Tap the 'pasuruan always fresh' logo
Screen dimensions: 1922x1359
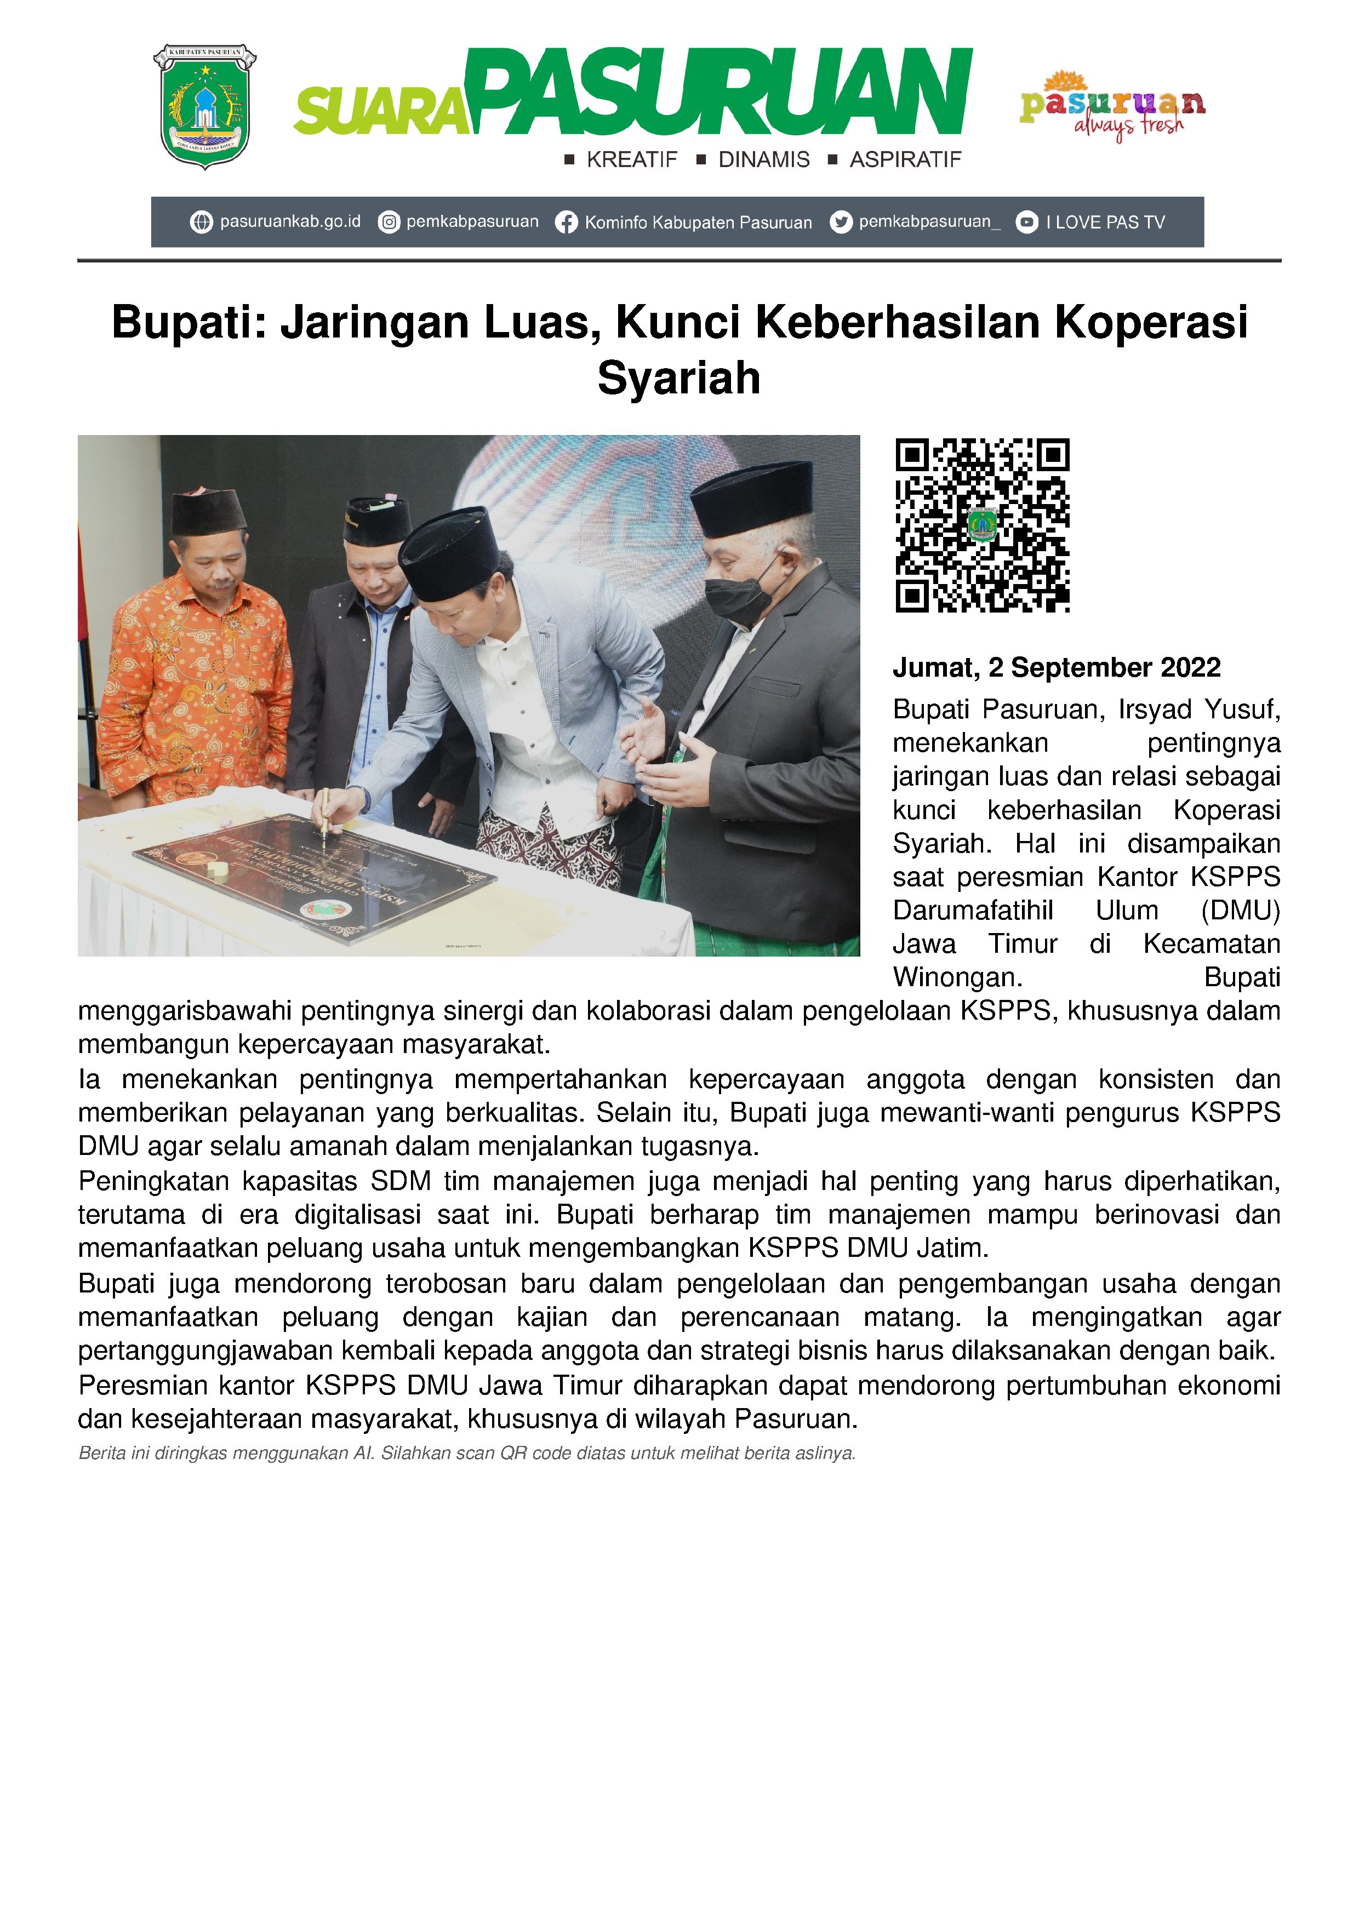click(1112, 106)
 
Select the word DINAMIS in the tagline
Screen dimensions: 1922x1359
click(764, 160)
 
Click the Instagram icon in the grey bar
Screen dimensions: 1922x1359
click(389, 222)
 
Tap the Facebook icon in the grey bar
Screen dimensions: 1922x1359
click(566, 222)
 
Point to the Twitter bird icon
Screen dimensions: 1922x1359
click(841, 222)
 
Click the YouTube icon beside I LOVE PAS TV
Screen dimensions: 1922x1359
click(1026, 222)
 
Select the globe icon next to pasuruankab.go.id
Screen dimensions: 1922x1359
click(201, 222)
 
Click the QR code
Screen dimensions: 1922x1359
click(982, 525)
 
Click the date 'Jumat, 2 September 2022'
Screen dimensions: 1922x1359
click(1057, 667)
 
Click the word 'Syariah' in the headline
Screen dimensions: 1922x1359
click(679, 379)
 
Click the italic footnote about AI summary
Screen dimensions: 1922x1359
click(466, 1453)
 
